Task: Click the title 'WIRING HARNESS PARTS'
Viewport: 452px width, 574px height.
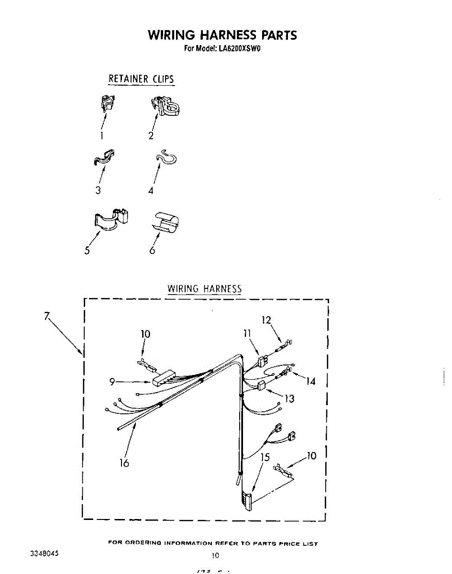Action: [x=222, y=35]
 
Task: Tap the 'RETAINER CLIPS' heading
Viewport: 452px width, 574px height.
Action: [x=141, y=79]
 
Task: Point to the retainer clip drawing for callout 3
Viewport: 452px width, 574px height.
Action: [x=104, y=158]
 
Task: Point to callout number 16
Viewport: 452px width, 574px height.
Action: [x=124, y=463]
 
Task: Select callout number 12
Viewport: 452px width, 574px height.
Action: [x=266, y=320]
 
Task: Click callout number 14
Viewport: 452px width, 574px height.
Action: [x=311, y=381]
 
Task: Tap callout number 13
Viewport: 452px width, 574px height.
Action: [x=289, y=398]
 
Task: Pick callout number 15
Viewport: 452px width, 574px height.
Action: [x=265, y=457]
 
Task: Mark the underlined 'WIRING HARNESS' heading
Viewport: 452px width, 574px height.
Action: [x=204, y=289]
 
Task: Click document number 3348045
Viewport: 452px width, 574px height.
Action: [x=44, y=553]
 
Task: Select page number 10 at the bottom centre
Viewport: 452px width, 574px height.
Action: [x=215, y=555]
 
